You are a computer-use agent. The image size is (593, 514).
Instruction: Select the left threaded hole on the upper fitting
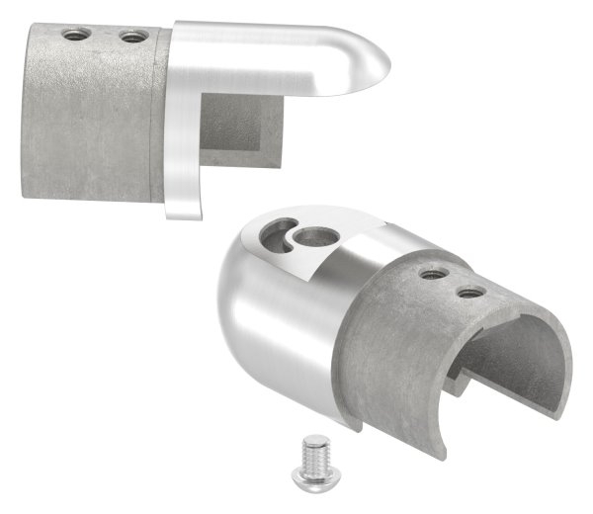tap(73, 35)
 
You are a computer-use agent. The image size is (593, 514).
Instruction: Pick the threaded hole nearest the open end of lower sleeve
tap(470, 292)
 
